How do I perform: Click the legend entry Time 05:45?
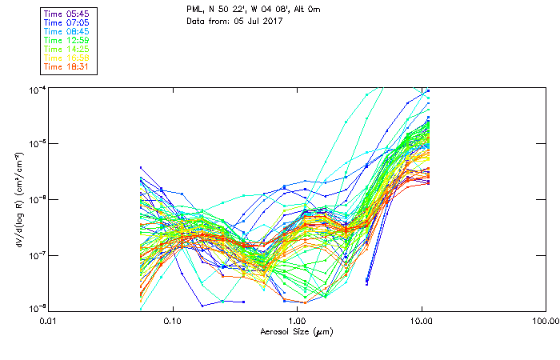66,14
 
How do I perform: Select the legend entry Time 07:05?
66,22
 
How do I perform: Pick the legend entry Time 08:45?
66,31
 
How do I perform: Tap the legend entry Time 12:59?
66,40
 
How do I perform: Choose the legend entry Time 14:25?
66,49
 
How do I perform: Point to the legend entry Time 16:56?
66,58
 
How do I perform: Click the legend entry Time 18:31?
66,66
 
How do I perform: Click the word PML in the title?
194,10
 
